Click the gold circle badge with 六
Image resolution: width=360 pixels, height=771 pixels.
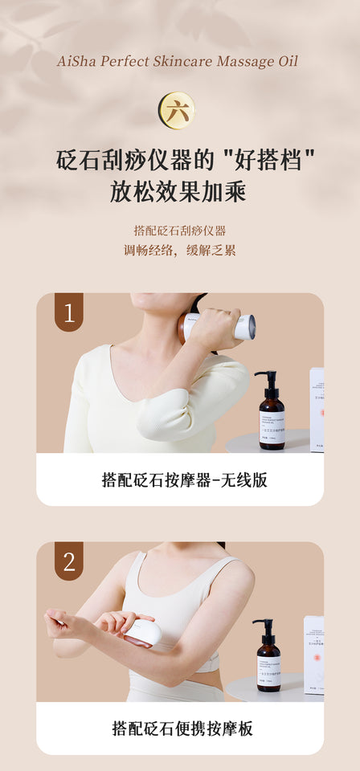coord(177,111)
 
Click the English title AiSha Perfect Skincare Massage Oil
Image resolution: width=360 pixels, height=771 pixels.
coord(178,61)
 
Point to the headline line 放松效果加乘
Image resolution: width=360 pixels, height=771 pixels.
coord(178,193)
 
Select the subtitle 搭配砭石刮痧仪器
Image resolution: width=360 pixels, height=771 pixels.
coord(180,230)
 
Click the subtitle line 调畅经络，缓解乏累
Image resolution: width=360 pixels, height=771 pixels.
coord(180,250)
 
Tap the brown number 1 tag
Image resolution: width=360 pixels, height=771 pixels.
coord(69,312)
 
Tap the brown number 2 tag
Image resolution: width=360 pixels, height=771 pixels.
coord(69,561)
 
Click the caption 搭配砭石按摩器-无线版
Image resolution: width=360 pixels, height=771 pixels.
coord(184,480)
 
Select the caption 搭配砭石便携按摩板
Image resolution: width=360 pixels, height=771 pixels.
coord(182,728)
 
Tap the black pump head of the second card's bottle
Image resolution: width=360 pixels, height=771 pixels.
coord(264,626)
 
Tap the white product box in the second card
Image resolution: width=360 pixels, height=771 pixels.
coord(313,655)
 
